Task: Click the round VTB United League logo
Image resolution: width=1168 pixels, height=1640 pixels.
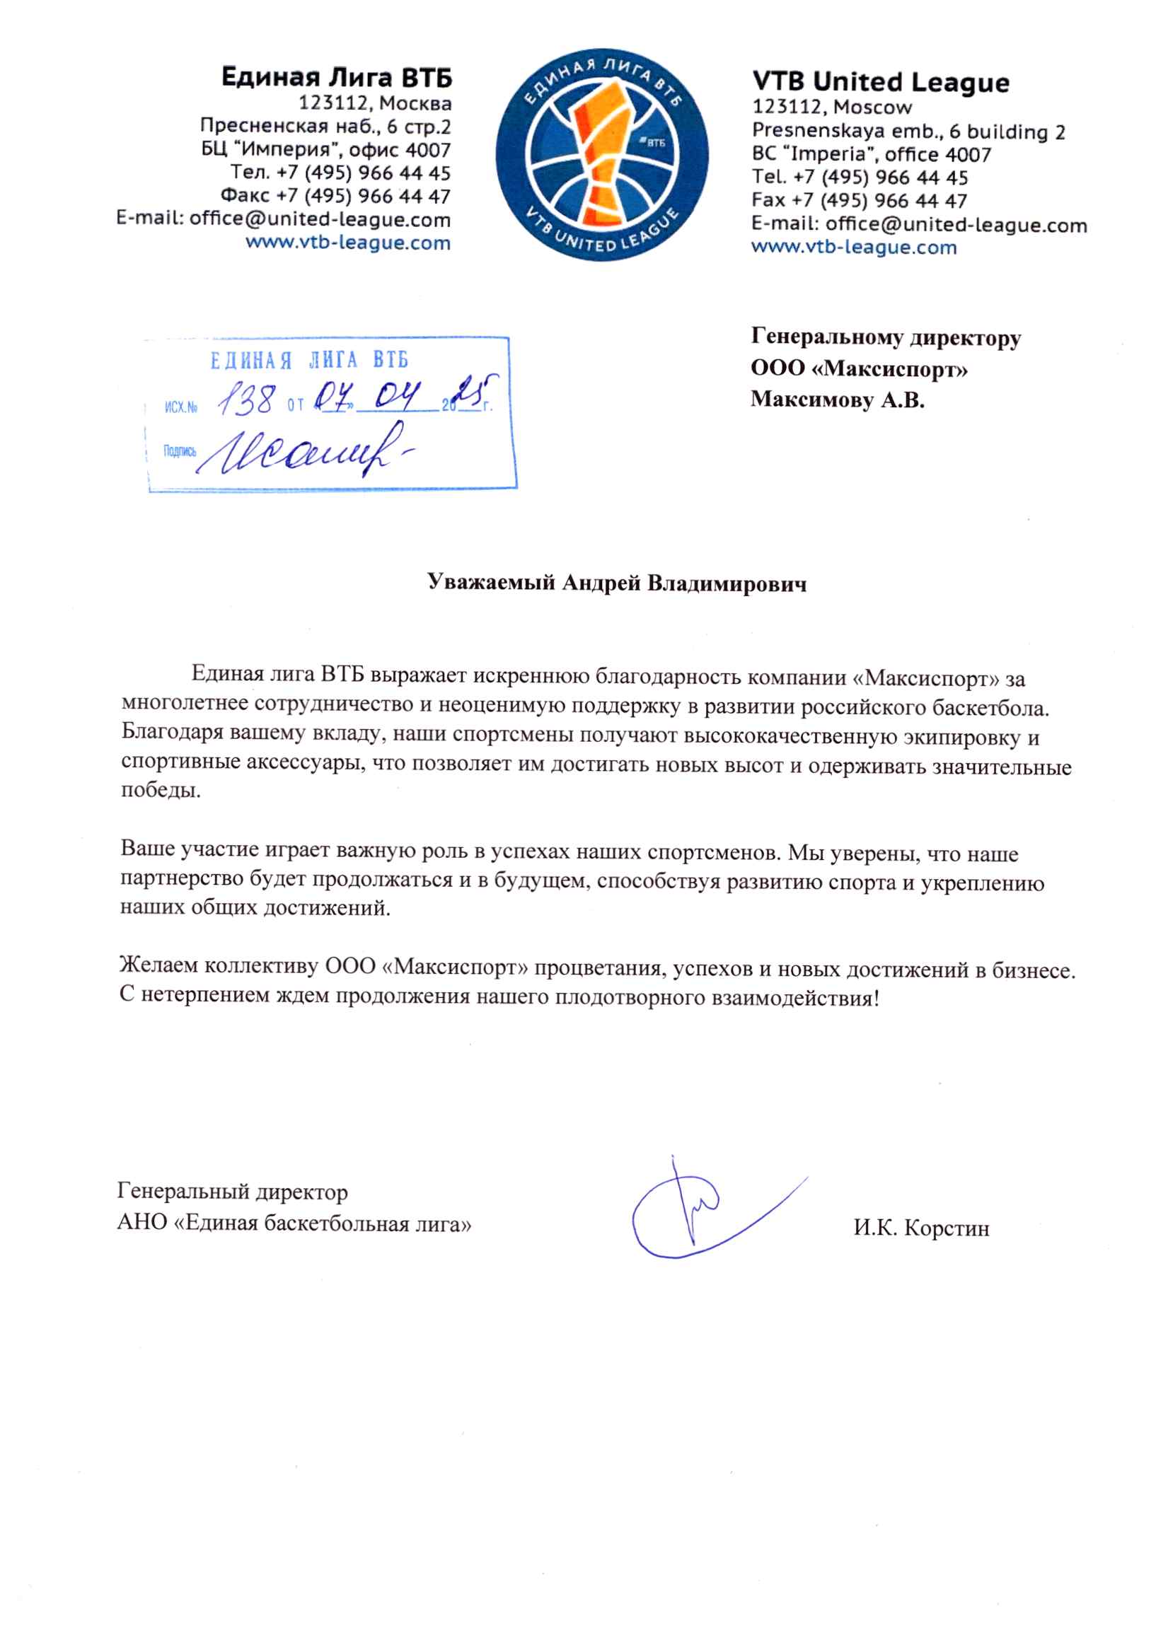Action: point(601,155)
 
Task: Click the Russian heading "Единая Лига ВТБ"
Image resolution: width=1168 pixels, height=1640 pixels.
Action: point(337,77)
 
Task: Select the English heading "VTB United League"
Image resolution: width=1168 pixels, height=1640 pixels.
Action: point(880,82)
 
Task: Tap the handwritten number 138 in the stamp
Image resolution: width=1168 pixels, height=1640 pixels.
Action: point(247,400)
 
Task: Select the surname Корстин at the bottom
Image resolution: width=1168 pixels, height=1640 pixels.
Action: point(946,1227)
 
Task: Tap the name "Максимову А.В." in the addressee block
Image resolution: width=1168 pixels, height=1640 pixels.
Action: point(837,399)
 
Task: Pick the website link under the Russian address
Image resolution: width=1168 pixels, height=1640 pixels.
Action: point(348,243)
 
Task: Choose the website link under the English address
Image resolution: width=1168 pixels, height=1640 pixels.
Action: point(854,248)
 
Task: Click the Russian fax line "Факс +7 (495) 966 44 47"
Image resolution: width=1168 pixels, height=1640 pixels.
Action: point(335,197)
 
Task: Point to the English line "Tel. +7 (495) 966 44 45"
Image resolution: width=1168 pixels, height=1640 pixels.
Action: point(860,177)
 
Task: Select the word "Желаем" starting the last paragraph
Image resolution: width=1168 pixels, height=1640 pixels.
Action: point(159,965)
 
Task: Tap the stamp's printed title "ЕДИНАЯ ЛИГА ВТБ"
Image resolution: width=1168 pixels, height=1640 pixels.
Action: point(309,360)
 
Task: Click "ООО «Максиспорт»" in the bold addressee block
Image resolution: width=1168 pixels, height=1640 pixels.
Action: point(859,369)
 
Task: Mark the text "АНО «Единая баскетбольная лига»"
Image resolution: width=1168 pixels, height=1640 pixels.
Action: point(294,1223)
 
